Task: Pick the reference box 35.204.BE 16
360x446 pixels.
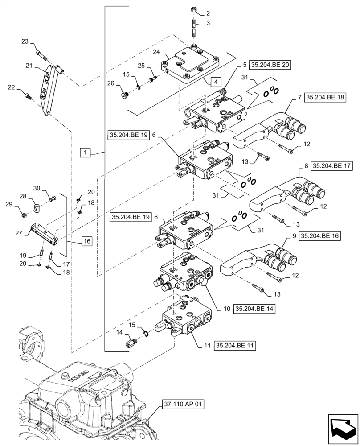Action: click(319, 236)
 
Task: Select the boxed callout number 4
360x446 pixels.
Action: click(215, 82)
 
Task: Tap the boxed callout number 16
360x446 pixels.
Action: click(87, 241)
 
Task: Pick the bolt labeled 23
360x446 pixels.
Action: click(41, 55)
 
